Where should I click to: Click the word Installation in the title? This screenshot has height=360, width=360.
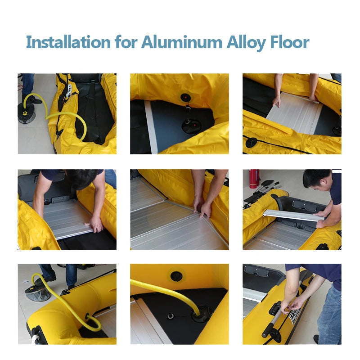coord(68,42)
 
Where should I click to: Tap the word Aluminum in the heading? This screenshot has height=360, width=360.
coord(182,42)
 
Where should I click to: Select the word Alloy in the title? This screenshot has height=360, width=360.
coord(246,44)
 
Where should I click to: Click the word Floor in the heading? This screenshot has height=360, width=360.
coord(290,42)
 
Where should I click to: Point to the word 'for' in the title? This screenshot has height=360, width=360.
coord(126,42)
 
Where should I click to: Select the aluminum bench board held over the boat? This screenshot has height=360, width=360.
coord(293,216)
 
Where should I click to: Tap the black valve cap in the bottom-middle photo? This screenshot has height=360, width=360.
coord(176,276)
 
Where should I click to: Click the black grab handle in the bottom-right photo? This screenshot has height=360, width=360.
coord(274,308)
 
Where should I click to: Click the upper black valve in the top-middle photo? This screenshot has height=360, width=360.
coord(185,98)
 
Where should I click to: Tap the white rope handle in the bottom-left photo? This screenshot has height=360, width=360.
coord(35,339)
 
